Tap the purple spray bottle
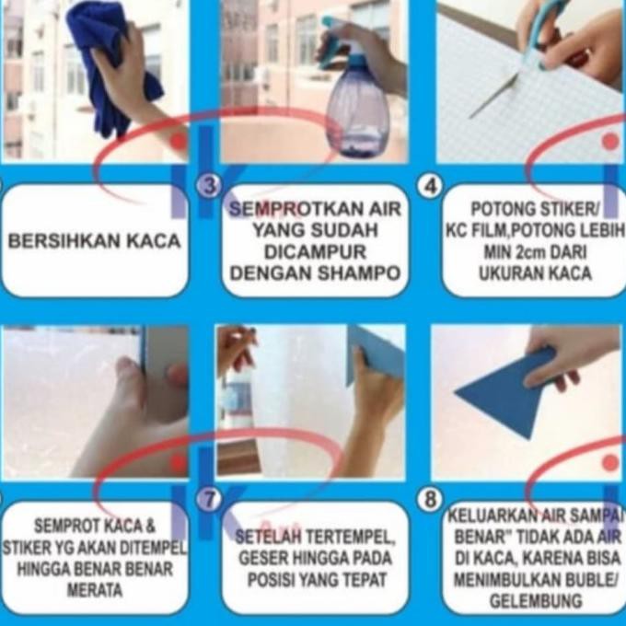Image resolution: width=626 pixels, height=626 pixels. click(x=358, y=107)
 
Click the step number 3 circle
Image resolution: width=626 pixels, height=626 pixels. click(x=210, y=186)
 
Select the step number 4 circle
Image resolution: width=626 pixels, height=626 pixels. click(x=430, y=186)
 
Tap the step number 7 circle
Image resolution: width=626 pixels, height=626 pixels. click(x=210, y=500)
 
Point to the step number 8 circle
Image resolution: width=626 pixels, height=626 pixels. click(x=430, y=500)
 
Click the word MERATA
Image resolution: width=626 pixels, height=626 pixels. click(x=94, y=590)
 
